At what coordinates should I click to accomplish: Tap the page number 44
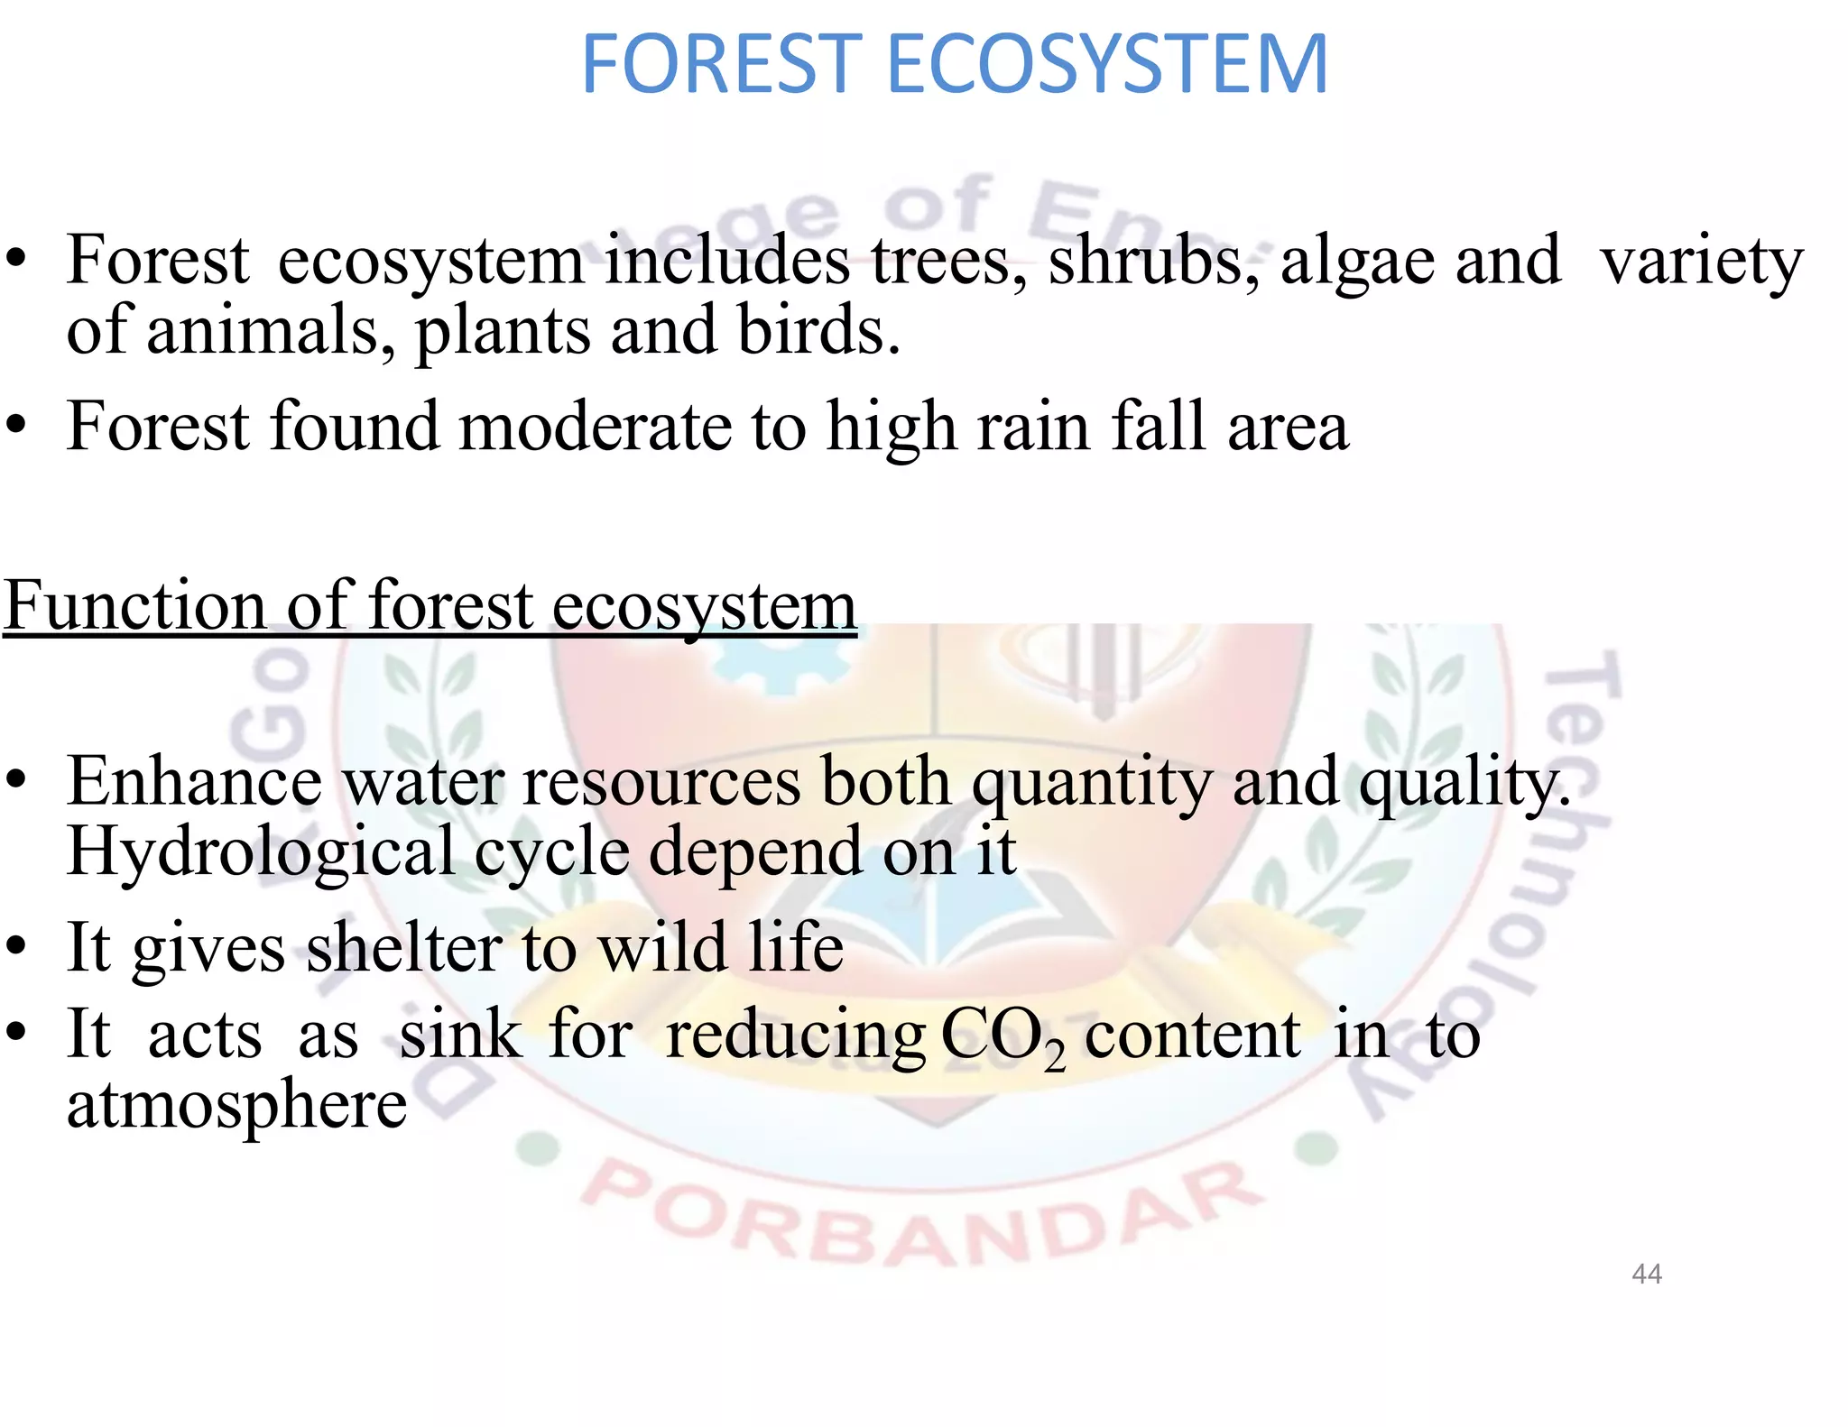pyautogui.click(x=1647, y=1274)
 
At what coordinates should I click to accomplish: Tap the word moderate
pyautogui.click(x=596, y=427)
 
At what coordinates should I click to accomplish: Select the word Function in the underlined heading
pyautogui.click(x=135, y=605)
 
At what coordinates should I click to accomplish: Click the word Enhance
pyautogui.click(x=194, y=781)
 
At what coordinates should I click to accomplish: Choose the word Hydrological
pyautogui.click(x=261, y=852)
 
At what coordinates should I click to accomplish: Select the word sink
pyautogui.click(x=460, y=1035)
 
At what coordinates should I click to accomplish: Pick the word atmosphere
pyautogui.click(x=236, y=1104)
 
